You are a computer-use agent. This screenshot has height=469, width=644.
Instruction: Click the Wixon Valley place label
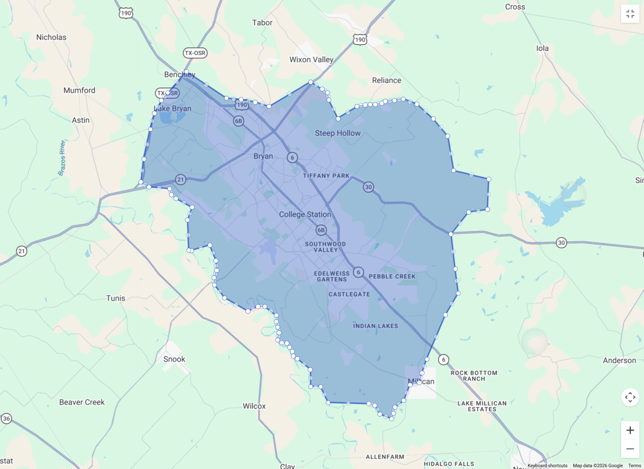311,60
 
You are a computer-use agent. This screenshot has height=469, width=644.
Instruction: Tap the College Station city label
305,214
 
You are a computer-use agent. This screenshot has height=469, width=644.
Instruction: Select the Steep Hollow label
337,133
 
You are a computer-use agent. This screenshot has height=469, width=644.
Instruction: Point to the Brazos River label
62,158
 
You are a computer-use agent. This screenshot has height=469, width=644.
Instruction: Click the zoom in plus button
630,430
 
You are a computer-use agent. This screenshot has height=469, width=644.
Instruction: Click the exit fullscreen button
630,14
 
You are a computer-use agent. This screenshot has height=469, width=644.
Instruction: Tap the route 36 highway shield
6,418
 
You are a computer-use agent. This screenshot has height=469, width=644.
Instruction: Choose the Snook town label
174,359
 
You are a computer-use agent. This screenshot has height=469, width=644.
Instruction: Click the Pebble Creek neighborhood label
392,276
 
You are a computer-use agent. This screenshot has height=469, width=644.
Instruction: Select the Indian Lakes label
375,326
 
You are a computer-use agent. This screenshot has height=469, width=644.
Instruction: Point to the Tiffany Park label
326,176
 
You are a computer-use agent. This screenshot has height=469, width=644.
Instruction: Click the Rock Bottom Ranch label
474,376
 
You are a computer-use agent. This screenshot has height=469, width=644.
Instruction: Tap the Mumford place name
79,90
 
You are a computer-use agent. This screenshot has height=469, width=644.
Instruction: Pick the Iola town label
542,48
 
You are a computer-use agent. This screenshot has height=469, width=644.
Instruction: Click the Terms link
634,465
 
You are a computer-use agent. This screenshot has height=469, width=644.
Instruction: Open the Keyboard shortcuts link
547,465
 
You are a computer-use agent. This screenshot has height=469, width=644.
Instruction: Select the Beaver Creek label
82,402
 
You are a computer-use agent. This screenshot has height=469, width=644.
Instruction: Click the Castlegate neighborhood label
349,294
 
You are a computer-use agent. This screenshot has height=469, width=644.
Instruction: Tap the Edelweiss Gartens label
332,276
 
